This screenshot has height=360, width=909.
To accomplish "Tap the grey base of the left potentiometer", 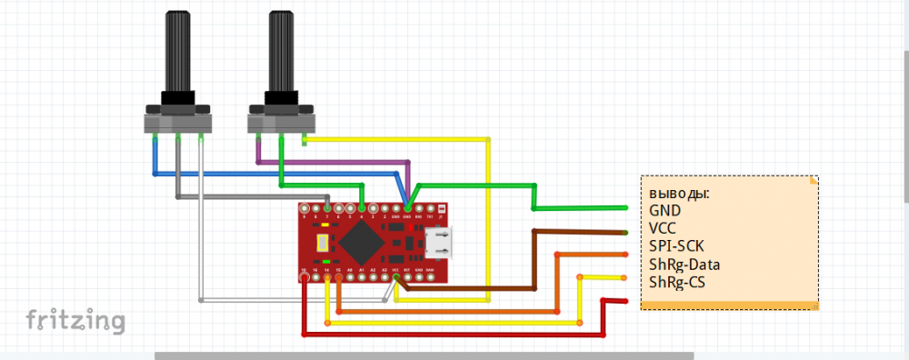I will point(178,120).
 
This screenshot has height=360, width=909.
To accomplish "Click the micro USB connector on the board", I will point(441,244).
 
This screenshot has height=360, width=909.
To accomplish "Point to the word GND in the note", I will point(664,210).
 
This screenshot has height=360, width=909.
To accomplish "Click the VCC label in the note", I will point(664,228).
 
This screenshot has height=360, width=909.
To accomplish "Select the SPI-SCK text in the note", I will point(676,246).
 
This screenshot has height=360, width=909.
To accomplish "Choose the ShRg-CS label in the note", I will point(676,283).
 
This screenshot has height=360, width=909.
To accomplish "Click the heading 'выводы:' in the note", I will point(678,194).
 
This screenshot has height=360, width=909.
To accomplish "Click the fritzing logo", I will point(75,320).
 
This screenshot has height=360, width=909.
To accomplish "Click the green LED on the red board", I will point(326,262).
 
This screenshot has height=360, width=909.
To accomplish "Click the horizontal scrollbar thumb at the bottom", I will point(424,355).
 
